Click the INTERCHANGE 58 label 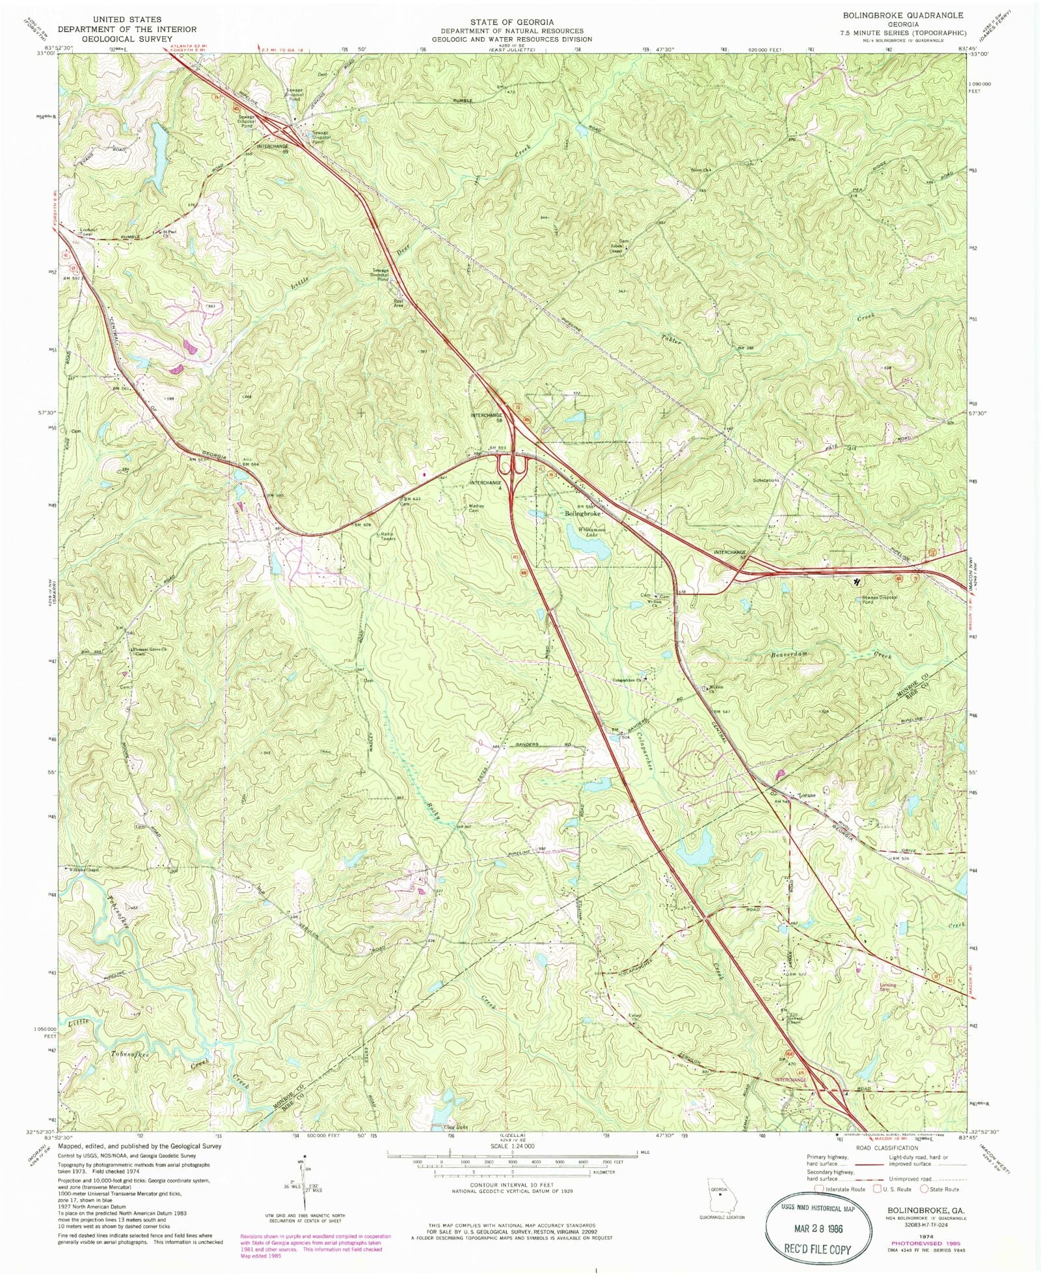coord(487,417)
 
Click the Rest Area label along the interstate coord(399,303)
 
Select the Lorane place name coord(807,795)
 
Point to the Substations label coord(765,480)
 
